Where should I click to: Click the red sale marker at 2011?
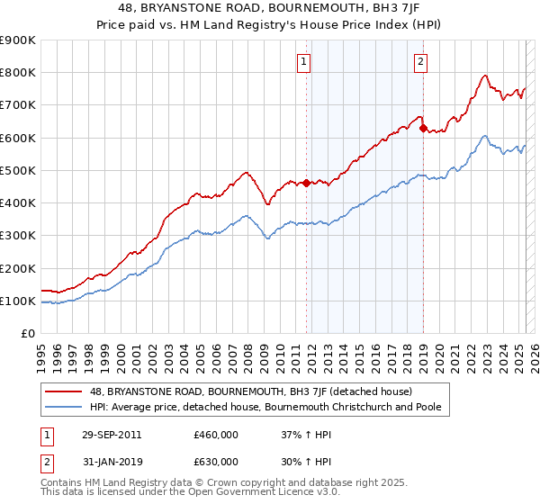point(306,184)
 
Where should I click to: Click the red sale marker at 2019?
point(423,128)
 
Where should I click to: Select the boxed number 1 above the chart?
point(304,62)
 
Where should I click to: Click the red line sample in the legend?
point(63,392)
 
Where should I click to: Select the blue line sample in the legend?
point(63,408)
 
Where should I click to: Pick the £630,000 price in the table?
point(216,462)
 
